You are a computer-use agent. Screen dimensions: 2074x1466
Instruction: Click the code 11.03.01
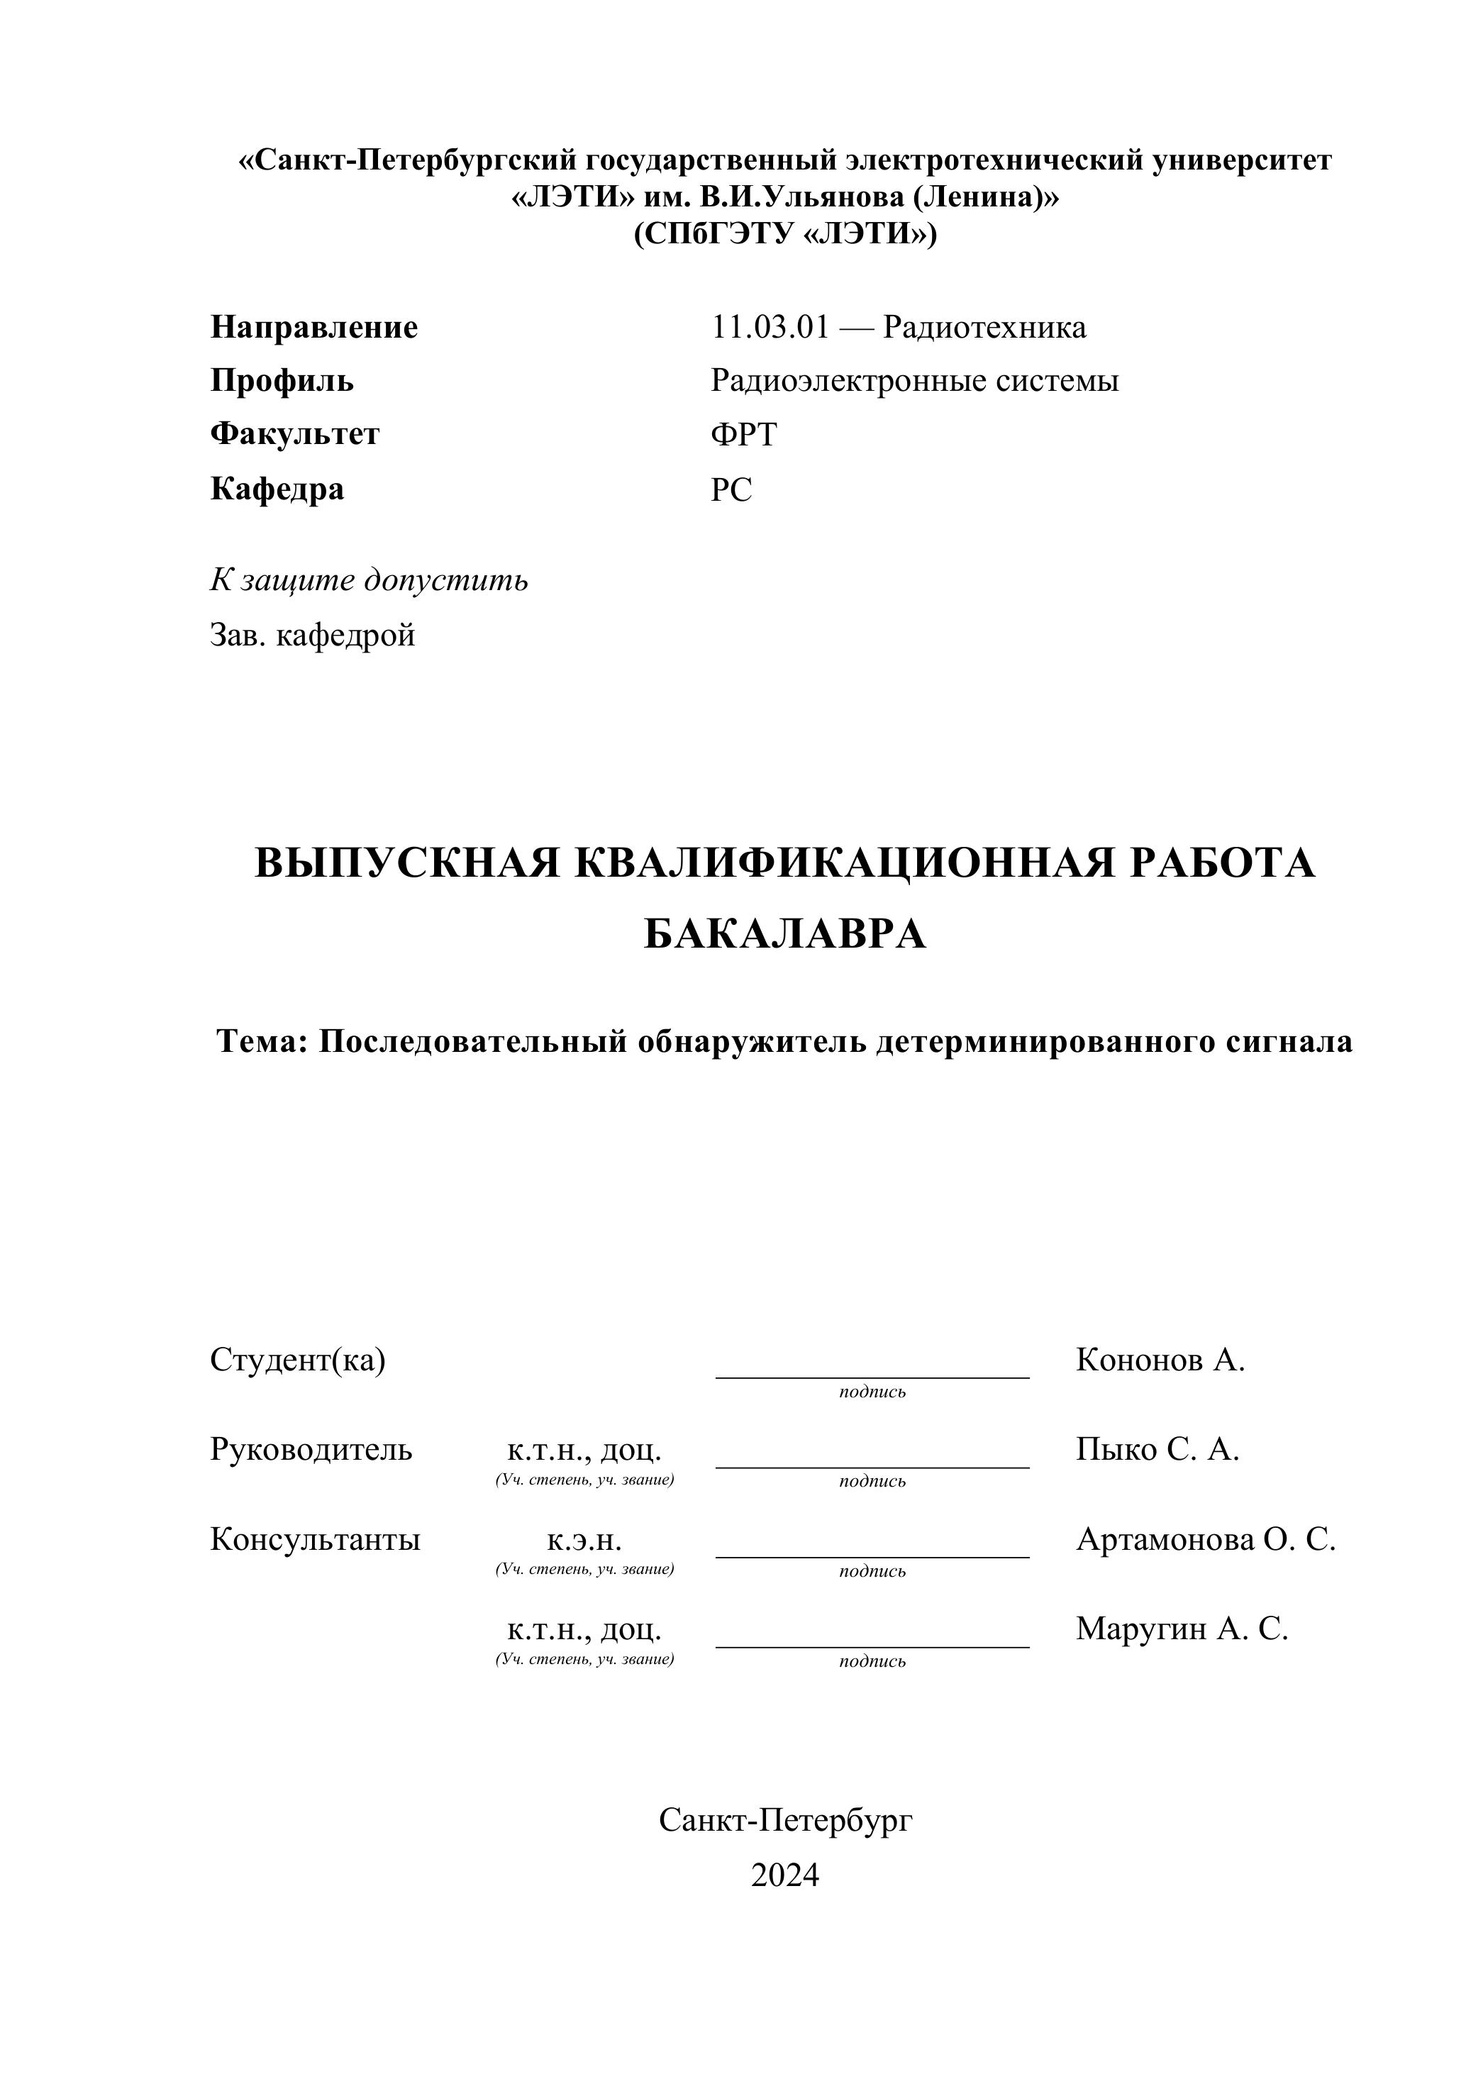pos(770,327)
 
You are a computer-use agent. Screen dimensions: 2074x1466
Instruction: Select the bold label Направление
pos(314,327)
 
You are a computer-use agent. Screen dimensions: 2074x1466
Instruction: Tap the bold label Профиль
pos(282,380)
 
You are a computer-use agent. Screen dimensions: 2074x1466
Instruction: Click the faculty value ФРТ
pos(743,435)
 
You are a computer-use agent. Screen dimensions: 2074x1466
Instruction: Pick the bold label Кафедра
pos(277,489)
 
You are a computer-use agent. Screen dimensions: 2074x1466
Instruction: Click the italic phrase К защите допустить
pos(370,580)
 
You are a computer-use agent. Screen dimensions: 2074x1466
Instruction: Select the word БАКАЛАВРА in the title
pos(785,934)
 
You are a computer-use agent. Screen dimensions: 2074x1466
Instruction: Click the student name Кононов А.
pos(1160,1360)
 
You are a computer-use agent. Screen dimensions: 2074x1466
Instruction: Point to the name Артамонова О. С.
pos(1205,1539)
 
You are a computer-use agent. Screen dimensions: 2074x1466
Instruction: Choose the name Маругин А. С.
pos(1182,1629)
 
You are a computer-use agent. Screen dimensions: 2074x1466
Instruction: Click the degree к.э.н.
pos(584,1540)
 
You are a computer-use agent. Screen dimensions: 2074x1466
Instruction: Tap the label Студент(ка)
pos(298,1360)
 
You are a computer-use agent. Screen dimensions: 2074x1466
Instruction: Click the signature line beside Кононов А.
pos(872,1376)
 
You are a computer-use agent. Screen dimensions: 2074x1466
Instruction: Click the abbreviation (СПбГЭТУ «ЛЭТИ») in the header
pos(785,234)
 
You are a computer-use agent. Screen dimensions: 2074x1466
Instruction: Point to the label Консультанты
pos(315,1539)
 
